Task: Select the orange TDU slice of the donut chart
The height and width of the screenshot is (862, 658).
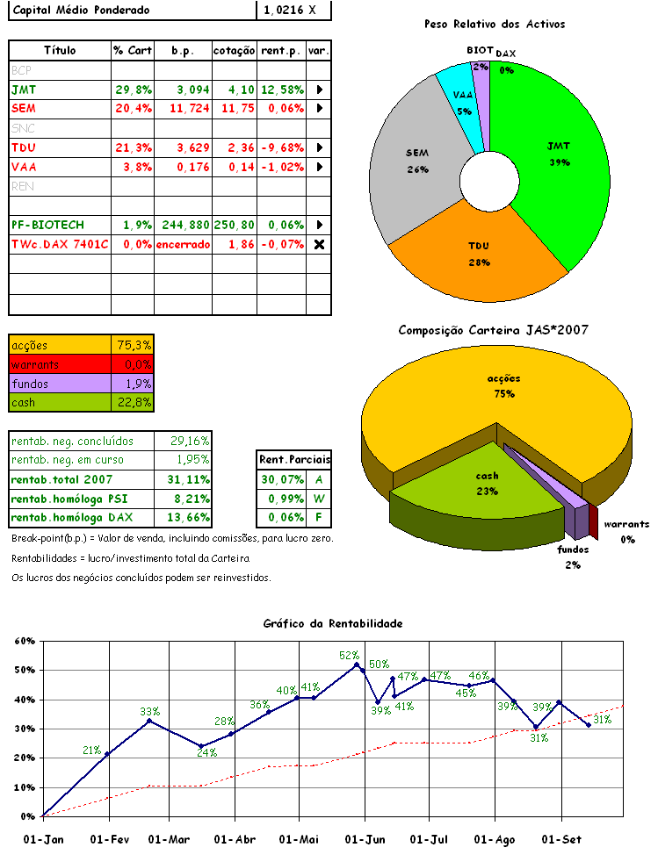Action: (479, 250)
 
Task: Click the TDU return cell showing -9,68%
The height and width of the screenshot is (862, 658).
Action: (282, 147)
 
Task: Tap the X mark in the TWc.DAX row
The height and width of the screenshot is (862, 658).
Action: (319, 243)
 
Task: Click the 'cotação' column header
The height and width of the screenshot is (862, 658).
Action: (235, 50)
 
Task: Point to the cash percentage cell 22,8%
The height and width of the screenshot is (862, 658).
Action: (134, 403)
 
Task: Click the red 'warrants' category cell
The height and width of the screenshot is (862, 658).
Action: (60, 364)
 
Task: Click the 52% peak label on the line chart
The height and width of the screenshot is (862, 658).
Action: (349, 655)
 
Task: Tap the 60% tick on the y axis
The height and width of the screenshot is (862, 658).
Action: (24, 641)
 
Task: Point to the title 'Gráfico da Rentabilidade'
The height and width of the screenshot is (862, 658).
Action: (333, 623)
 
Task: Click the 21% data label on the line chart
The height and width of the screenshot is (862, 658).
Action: (91, 750)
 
